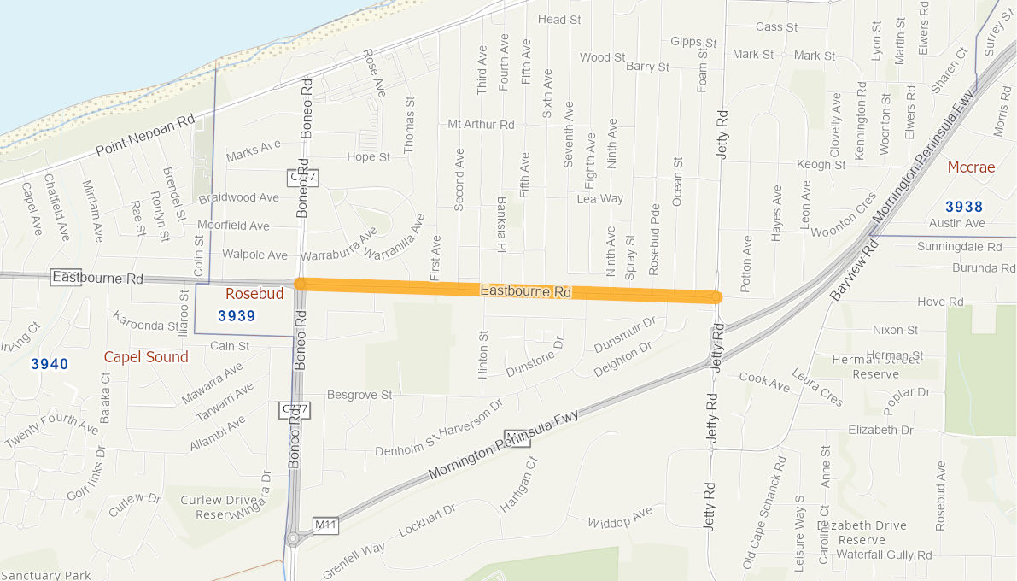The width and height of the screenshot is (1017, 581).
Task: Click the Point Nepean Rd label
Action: pos(145,136)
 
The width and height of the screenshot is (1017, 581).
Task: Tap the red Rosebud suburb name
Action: pos(254,294)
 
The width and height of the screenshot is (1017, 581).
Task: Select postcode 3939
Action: pos(237,316)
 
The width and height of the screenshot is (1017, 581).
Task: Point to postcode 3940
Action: pos(50,365)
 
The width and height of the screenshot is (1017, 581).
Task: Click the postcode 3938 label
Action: pos(964,207)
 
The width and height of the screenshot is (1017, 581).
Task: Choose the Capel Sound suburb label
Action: pos(146,357)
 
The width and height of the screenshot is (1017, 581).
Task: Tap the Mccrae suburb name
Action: pos(972,167)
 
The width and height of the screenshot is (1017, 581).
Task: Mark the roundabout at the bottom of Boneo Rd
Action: pos(294,538)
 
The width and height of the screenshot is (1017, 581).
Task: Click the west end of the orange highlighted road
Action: pos(300,284)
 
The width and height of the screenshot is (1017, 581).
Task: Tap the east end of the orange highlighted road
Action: pos(716,297)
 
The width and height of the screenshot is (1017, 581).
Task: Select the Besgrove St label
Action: pos(359,395)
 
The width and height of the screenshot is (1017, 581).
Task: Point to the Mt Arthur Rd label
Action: pos(481,125)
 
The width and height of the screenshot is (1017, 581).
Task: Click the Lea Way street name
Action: pos(600,198)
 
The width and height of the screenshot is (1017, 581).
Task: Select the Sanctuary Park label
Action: pos(45,575)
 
